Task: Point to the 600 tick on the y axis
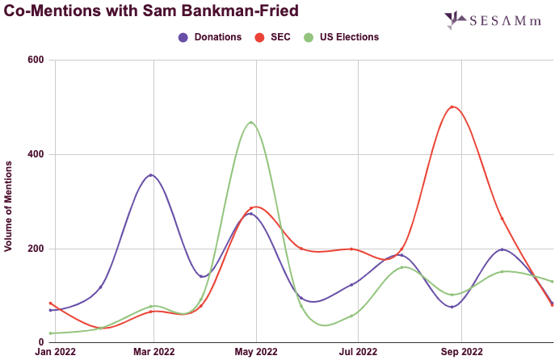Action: pyautogui.click(x=36, y=60)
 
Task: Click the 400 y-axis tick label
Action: pyautogui.click(x=36, y=154)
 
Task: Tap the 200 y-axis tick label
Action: pyautogui.click(x=36, y=249)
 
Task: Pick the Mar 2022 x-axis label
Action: pyautogui.click(x=153, y=352)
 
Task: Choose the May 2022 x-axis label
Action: pyautogui.click(x=255, y=352)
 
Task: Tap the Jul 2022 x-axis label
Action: pyautogui.click(x=358, y=352)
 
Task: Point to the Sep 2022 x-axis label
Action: pyautogui.click(x=460, y=352)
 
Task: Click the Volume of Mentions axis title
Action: pyautogui.click(x=9, y=206)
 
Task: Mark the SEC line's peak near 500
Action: pyautogui.click(x=452, y=107)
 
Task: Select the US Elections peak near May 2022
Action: pyautogui.click(x=252, y=122)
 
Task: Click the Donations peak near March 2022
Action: pyautogui.click(x=151, y=174)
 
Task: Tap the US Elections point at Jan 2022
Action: pyautogui.click(x=50, y=333)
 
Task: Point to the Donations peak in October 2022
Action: pyautogui.click(x=502, y=249)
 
